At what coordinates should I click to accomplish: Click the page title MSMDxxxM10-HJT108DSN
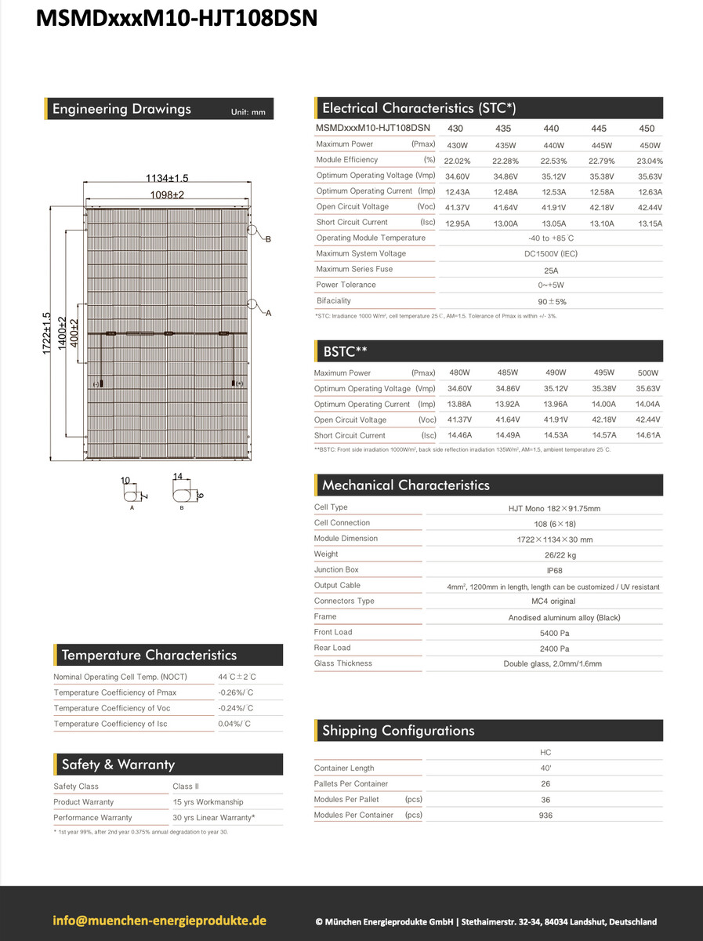pos(177,18)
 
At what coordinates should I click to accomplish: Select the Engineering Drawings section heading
pos(121,109)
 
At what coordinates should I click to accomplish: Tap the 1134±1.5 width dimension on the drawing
pos(167,178)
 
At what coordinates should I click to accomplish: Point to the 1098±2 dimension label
pos(167,194)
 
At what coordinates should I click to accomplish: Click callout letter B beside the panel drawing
pos(268,238)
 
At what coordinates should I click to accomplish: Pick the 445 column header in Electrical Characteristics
pos(599,129)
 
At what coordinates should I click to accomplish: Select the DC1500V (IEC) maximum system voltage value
pos(550,254)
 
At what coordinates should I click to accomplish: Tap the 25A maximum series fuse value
pos(550,270)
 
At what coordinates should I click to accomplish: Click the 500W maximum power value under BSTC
pos(648,373)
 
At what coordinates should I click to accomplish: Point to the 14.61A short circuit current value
pos(648,435)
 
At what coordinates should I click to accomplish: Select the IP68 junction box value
pos(553,571)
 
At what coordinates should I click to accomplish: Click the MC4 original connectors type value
pos(553,601)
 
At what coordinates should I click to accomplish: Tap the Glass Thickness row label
pos(343,663)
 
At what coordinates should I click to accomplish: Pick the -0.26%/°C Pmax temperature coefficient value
pos(235,692)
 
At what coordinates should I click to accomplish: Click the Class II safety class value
pos(187,787)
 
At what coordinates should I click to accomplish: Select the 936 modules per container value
pos(545,816)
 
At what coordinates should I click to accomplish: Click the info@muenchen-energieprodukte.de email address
pos(160,921)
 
